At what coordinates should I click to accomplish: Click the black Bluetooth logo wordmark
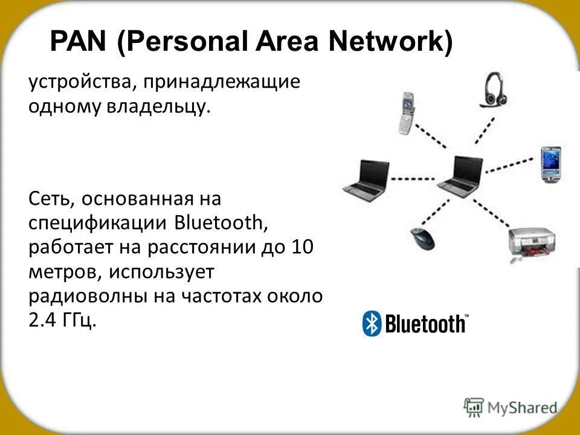click(425, 324)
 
